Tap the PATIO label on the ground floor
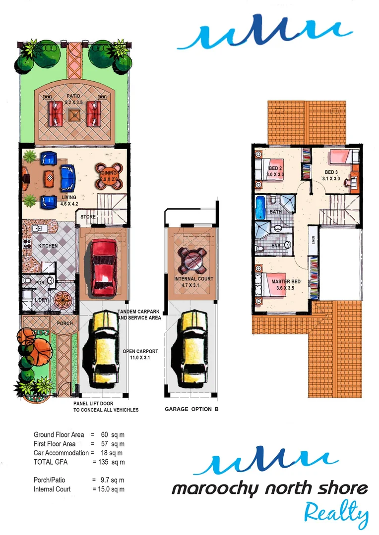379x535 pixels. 74,97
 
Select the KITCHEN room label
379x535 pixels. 48,246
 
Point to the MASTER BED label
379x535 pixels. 283,282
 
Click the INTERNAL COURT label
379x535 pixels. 193,279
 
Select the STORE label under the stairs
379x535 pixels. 88,216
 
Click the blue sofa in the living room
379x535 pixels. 67,177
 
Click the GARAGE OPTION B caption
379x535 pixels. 191,410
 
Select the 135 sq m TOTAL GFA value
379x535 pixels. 109,462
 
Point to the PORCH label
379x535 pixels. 64,323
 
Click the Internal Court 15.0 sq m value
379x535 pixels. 108,489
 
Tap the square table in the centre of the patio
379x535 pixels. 75,115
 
